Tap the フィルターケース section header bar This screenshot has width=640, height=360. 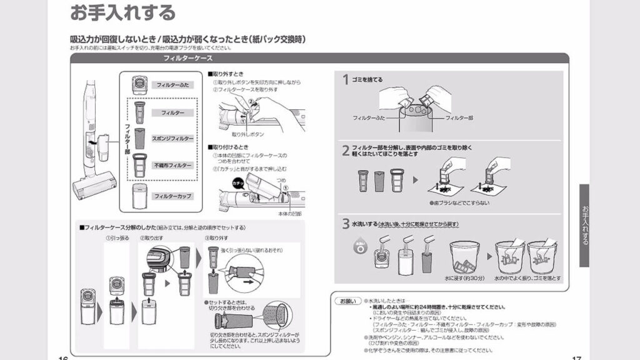point(187,58)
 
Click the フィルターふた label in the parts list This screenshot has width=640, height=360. point(172,84)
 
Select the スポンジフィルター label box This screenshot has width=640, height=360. point(172,138)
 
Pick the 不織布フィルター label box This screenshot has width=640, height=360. point(172,166)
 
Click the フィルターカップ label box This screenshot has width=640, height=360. point(172,196)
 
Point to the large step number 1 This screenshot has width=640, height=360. point(346,80)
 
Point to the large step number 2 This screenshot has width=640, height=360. point(346,151)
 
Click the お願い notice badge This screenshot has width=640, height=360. point(347,301)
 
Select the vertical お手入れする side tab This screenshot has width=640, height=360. point(584,225)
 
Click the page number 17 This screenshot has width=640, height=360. point(576,357)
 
